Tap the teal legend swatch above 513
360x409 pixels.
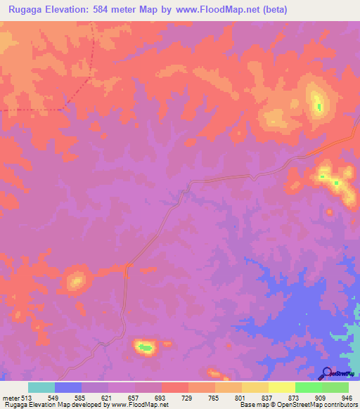point(41,387)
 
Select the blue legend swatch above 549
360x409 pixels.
point(68,387)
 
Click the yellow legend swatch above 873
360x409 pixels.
point(282,387)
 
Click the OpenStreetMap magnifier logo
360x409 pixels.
point(326,372)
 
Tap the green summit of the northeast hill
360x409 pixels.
point(319,107)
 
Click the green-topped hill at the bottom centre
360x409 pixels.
point(145,346)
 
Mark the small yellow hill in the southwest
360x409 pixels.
point(76,281)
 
